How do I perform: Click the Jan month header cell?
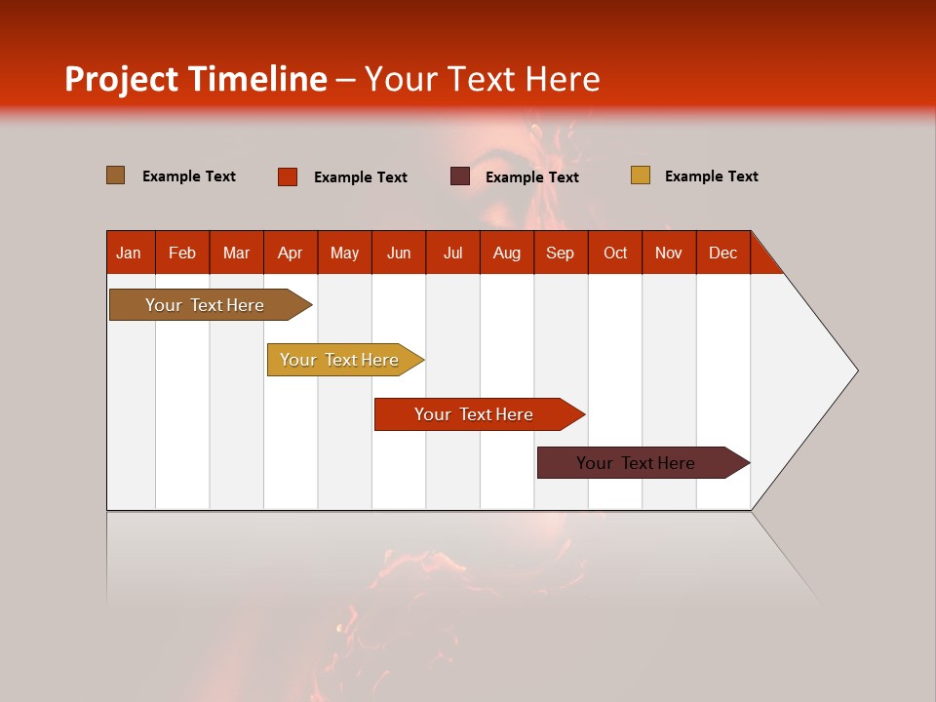pyautogui.click(x=129, y=253)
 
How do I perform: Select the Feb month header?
pyautogui.click(x=182, y=253)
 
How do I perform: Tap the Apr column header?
pyautogui.click(x=290, y=253)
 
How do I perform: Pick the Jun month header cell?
pyautogui.click(x=399, y=253)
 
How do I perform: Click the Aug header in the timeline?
pyautogui.click(x=506, y=253)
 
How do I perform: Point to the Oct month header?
pyautogui.click(x=615, y=253)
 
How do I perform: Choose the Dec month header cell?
pyautogui.click(x=722, y=253)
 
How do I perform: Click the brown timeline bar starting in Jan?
pyautogui.click(x=206, y=305)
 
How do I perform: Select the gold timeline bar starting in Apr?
pyautogui.click(x=340, y=360)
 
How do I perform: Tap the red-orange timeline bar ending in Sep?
pyautogui.click(x=475, y=414)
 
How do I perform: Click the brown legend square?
pyautogui.click(x=115, y=175)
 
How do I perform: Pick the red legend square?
pyautogui.click(x=287, y=176)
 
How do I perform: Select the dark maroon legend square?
pyautogui.click(x=460, y=176)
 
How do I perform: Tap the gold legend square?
pyautogui.click(x=640, y=175)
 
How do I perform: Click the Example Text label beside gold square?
pyautogui.click(x=711, y=176)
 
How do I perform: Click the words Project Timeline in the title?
pyautogui.click(x=196, y=79)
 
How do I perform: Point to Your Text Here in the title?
pyautogui.click(x=482, y=79)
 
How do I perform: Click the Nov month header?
pyautogui.click(x=669, y=253)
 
